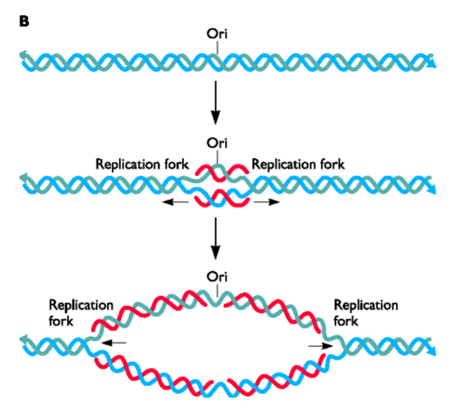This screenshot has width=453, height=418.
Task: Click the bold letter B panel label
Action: click(24, 20)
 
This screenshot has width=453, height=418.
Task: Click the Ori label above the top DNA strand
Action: click(217, 36)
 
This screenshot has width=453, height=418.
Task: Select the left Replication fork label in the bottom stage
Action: click(81, 312)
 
